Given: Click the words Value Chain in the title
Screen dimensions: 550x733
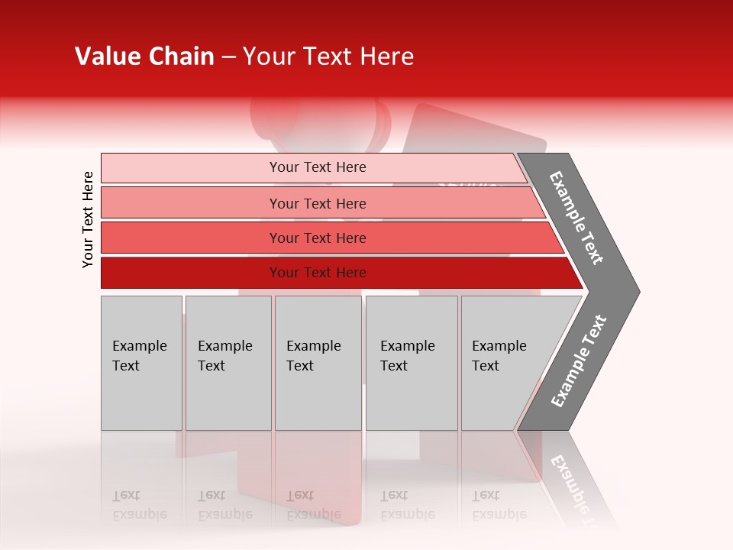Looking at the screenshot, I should coord(144,57).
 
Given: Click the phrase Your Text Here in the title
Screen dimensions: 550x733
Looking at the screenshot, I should coord(328,57).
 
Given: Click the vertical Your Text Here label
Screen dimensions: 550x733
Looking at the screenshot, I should coord(88,220).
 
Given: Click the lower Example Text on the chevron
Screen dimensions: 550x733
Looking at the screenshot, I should coord(579,361).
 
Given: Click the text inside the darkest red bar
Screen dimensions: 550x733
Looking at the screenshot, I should coord(318,273).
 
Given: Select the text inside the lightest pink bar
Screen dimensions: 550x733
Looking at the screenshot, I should coord(318,167).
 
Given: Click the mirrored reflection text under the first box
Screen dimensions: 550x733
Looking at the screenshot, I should coord(139,505).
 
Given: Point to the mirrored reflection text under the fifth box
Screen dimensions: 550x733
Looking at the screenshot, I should coord(499,505).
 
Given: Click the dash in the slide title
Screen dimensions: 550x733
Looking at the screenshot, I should coord(228,57).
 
